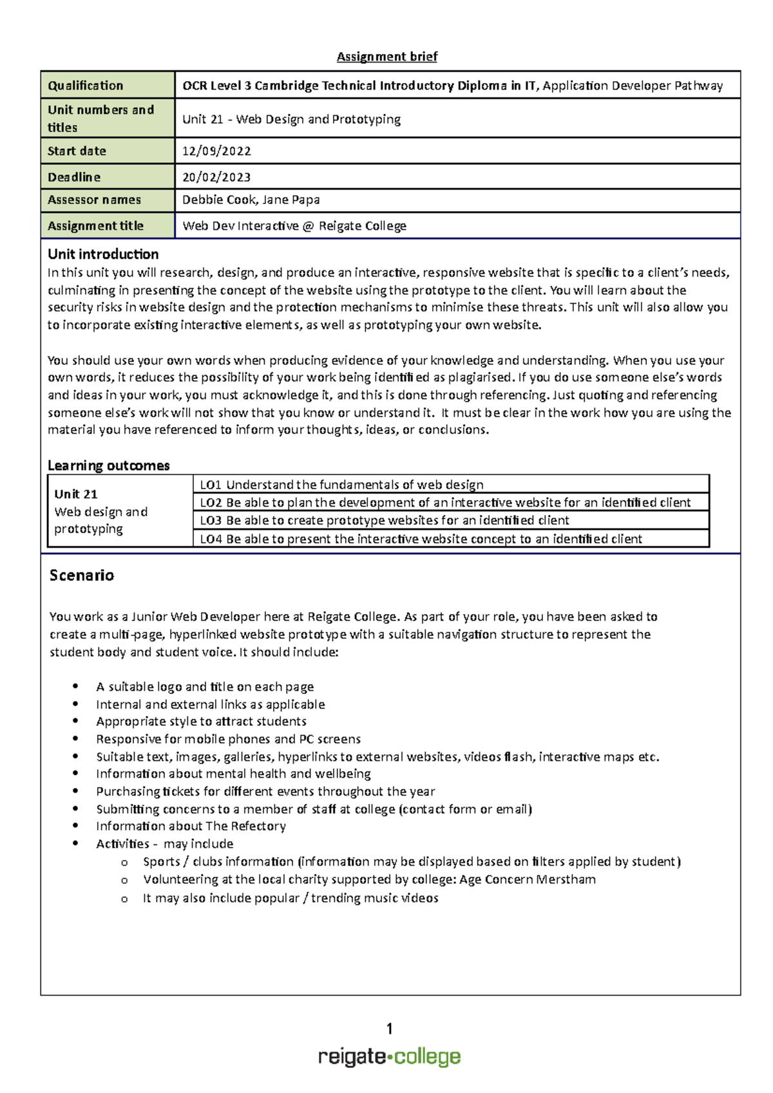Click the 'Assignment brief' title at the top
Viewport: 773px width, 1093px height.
[x=386, y=57]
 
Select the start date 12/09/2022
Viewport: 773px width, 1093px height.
[x=216, y=151]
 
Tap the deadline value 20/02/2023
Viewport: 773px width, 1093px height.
[x=216, y=177]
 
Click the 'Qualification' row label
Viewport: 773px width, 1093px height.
[x=85, y=86]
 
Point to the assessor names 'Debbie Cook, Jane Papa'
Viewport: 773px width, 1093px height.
[x=251, y=200]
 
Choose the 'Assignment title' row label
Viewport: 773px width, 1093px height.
[x=95, y=226]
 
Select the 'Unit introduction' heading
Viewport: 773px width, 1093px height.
[x=103, y=254]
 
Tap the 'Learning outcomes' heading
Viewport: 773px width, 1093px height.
[x=108, y=465]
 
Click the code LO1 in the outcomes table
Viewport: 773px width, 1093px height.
[x=211, y=485]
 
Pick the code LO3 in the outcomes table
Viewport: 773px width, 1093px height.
[x=211, y=520]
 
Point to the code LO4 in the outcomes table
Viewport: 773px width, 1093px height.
[x=211, y=539]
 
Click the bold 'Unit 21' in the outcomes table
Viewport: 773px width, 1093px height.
[x=76, y=494]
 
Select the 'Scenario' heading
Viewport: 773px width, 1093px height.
[x=82, y=575]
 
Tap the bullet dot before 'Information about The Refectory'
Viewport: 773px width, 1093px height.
[x=76, y=826]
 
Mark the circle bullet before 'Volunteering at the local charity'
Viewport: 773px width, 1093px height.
[x=124, y=880]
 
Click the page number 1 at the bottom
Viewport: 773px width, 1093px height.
[x=389, y=1029]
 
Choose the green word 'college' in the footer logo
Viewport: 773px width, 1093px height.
[x=427, y=1057]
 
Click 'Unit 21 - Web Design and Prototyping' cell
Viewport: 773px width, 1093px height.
[x=291, y=119]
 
